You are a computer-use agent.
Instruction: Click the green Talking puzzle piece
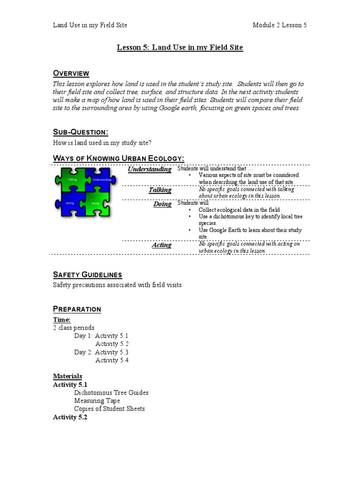pos(72,181)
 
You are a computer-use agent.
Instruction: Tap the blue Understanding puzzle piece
pos(100,180)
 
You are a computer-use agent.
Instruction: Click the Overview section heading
pos(71,73)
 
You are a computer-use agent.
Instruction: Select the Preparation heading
pos(77,309)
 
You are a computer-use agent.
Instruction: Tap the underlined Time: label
pos(62,320)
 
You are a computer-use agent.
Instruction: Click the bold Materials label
pos(67,376)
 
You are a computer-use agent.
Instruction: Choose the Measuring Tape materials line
pos(97,401)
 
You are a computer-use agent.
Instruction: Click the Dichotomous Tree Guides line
pos(111,392)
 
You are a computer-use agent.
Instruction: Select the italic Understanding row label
pos(150,170)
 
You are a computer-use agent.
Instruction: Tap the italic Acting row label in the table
pos(162,245)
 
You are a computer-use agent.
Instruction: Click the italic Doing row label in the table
pos(162,204)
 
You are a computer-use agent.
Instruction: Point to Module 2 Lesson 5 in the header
pos(279,25)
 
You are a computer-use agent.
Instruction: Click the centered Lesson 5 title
pos(180,47)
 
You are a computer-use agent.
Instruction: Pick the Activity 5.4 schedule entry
pos(112,360)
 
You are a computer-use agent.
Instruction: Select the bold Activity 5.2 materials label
pos(70,417)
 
